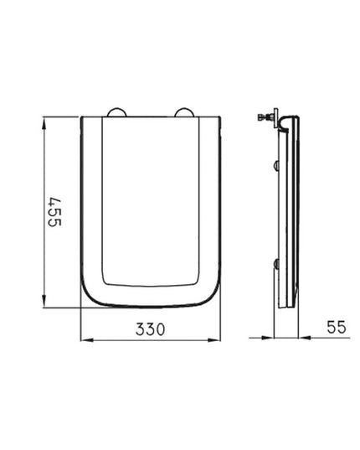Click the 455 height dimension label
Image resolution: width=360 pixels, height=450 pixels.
pos(54,212)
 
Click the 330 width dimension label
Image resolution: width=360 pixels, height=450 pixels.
pos(151,329)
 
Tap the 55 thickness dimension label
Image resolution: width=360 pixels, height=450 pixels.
pos(337,327)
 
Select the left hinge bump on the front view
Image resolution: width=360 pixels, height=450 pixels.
pos(117,112)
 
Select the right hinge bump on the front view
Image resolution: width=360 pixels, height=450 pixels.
pos(184,112)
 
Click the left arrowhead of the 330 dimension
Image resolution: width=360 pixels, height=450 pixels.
pos(87,340)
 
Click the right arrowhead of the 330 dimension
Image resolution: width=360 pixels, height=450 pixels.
pos(213,340)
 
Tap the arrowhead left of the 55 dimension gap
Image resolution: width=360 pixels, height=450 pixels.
pos(268,338)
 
